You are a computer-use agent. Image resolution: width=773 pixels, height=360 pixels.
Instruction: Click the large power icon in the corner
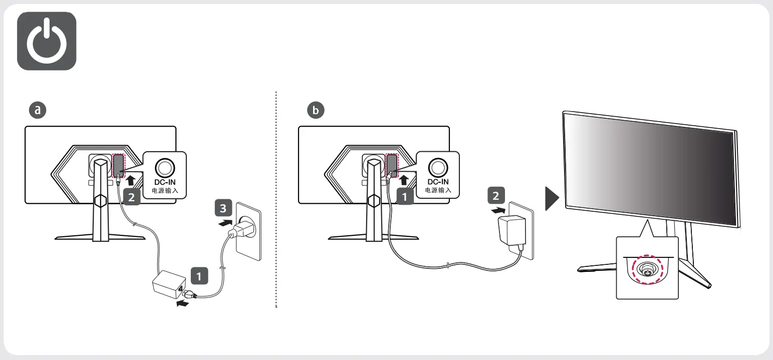(x=47, y=41)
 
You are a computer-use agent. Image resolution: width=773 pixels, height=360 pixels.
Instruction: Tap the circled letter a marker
(x=37, y=110)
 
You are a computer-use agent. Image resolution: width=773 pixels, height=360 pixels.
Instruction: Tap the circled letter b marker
(x=316, y=110)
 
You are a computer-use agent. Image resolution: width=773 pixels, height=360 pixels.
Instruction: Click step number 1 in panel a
(x=199, y=275)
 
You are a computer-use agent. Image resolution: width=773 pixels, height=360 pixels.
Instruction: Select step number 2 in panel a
(x=131, y=197)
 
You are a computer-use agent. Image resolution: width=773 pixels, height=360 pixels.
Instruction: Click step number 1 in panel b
(x=405, y=197)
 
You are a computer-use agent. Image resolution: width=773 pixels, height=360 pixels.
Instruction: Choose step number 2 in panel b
(x=496, y=195)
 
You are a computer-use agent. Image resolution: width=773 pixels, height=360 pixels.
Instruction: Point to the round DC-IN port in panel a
(x=164, y=167)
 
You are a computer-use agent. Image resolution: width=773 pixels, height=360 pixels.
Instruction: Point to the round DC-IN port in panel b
(x=438, y=167)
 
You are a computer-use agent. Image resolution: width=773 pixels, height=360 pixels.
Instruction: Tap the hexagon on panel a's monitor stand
(x=100, y=200)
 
